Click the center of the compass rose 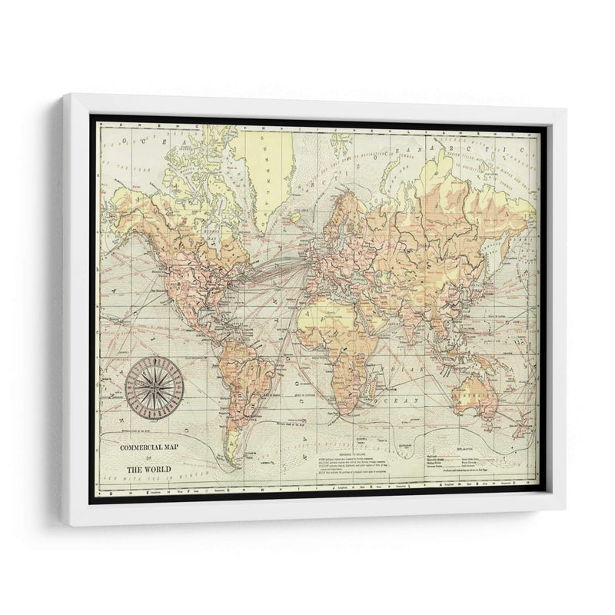click(x=154, y=384)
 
